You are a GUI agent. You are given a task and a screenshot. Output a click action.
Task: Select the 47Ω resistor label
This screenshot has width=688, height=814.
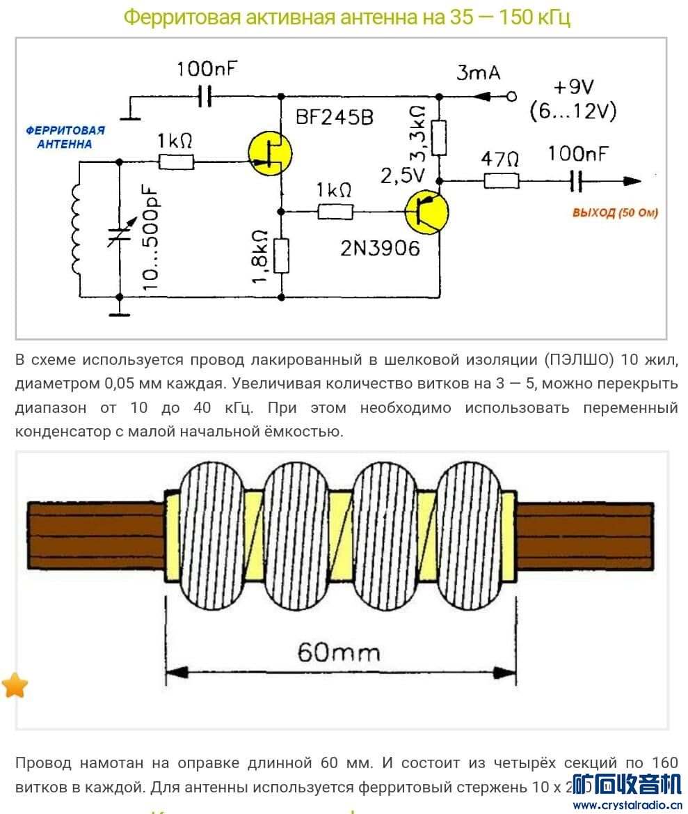[500, 159]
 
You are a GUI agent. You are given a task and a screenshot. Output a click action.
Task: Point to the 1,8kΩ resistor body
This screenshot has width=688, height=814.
[281, 256]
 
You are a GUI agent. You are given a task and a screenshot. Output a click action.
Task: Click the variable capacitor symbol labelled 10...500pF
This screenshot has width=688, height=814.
[120, 235]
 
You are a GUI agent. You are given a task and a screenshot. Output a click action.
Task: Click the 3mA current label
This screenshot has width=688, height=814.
[478, 72]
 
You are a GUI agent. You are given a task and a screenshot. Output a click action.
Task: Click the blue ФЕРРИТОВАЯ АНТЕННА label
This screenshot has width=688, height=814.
[65, 137]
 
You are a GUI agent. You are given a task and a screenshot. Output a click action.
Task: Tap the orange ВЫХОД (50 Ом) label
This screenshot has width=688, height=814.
[615, 212]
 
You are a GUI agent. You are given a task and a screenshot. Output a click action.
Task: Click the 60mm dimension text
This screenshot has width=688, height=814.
[339, 652]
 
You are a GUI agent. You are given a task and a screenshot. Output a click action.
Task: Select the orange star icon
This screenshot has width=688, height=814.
[15, 685]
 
